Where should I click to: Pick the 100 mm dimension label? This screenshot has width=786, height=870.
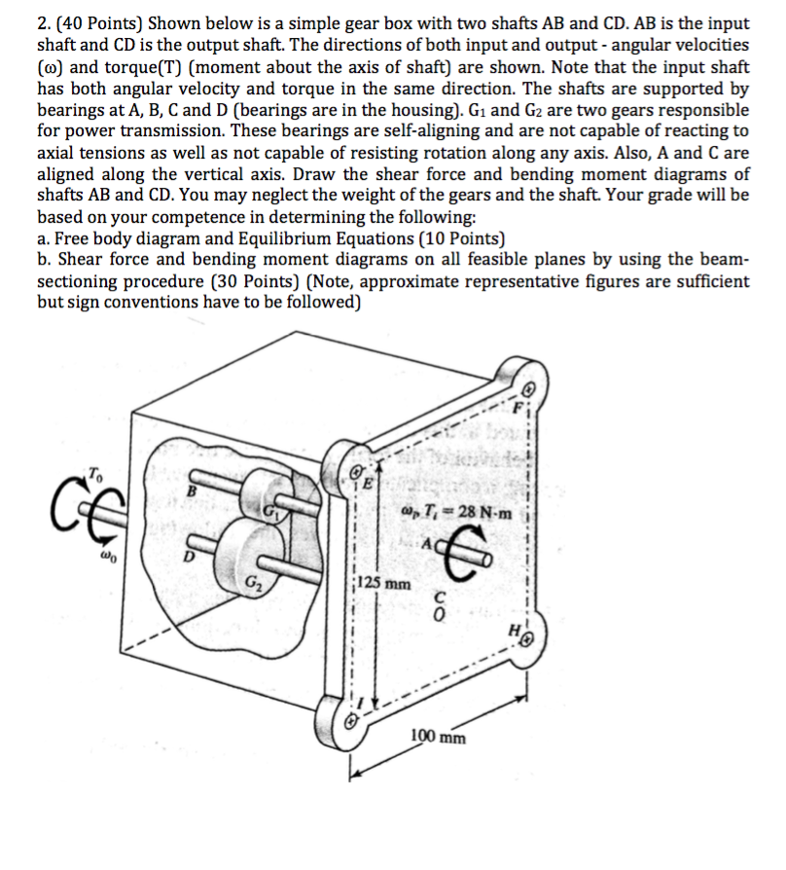click(x=437, y=736)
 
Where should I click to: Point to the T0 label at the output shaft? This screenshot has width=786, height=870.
click(x=94, y=473)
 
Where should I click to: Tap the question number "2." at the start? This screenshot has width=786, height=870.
click(x=46, y=23)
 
